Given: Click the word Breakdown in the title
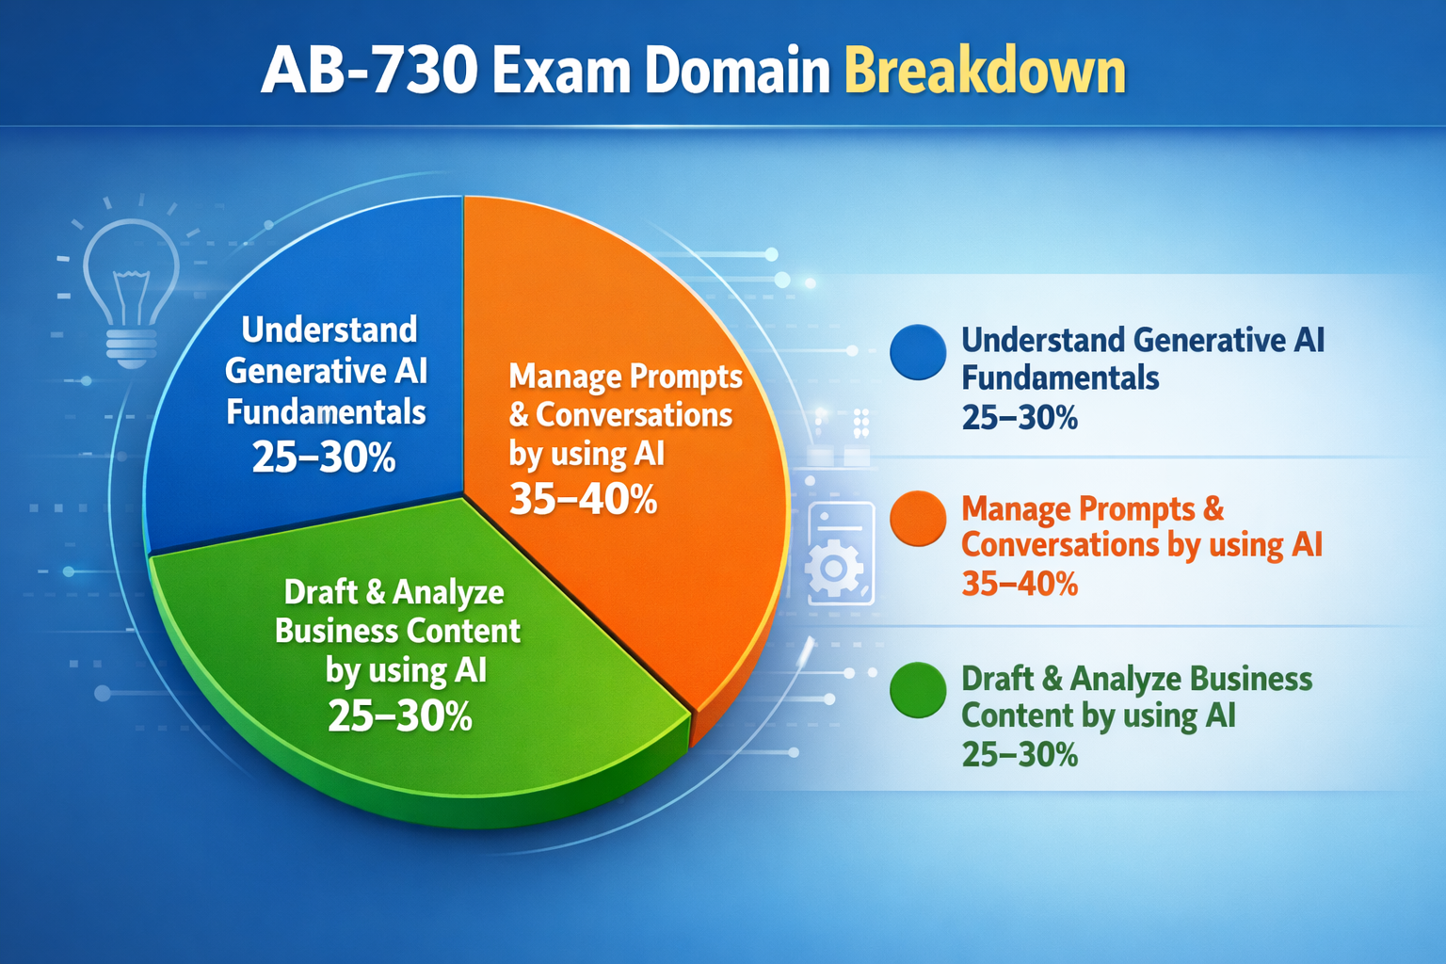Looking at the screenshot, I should (x=985, y=72).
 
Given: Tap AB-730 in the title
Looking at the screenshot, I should (x=369, y=72).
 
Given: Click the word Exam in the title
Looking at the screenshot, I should (x=559, y=72).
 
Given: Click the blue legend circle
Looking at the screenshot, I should (x=917, y=352).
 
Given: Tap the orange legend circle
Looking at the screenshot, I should (x=917, y=519).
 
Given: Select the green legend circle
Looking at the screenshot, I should (x=917, y=690).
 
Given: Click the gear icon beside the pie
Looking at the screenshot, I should (x=834, y=568).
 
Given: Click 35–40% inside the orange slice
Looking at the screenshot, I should (x=583, y=499).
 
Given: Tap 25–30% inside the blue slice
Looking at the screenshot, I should (x=324, y=458).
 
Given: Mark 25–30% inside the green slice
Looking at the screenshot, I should (x=400, y=716).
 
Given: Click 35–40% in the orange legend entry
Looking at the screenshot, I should (x=1020, y=585).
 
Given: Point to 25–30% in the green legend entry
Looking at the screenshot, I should (x=1020, y=754).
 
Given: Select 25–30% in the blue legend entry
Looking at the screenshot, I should (x=1020, y=417).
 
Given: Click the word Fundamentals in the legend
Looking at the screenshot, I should (x=1060, y=378).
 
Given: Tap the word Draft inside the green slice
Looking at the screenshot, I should (x=319, y=592).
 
